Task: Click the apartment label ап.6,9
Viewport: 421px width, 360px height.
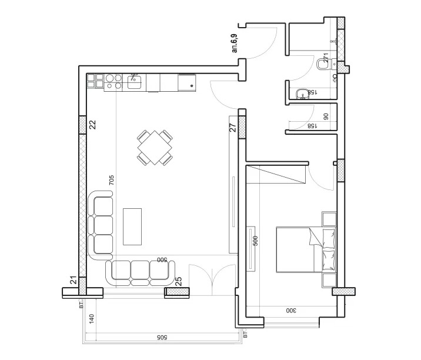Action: click(235, 44)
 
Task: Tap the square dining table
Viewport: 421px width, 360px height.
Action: click(155, 148)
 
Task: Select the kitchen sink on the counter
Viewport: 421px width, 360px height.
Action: click(135, 82)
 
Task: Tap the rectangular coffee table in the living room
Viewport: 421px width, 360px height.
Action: click(133, 226)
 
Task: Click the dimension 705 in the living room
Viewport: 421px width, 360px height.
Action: click(111, 181)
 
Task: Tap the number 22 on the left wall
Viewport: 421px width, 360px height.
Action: click(92, 124)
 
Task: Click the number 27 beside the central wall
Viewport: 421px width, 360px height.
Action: click(232, 127)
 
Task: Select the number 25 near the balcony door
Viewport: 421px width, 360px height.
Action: click(178, 282)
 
